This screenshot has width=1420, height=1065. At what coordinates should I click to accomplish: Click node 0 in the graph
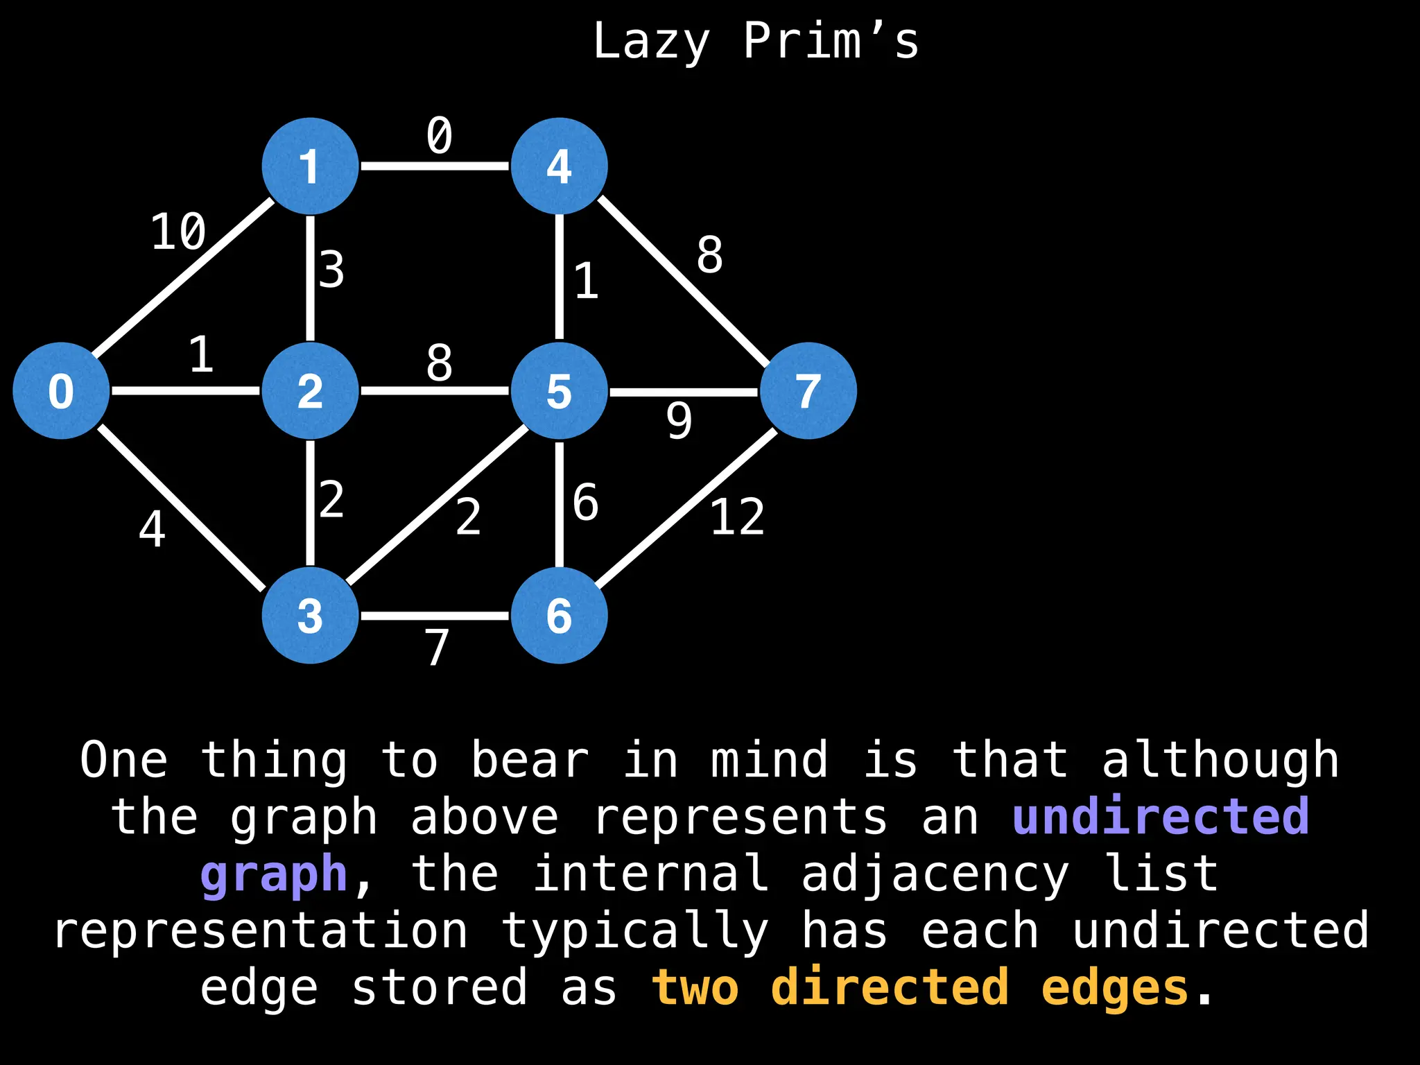(x=61, y=390)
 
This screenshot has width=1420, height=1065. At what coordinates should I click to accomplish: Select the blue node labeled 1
(x=310, y=166)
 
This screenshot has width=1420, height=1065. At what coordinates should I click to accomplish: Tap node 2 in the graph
(x=310, y=390)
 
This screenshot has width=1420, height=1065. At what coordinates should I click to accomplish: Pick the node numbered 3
(x=310, y=615)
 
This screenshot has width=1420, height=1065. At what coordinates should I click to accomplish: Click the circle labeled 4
(x=559, y=166)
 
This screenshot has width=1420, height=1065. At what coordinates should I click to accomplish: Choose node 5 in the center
(x=559, y=390)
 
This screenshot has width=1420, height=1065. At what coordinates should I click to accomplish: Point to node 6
(x=559, y=615)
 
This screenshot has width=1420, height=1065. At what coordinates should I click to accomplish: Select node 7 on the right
(x=808, y=390)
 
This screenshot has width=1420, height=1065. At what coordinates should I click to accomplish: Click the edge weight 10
(x=178, y=232)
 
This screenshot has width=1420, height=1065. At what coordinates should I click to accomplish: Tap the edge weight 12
(x=737, y=517)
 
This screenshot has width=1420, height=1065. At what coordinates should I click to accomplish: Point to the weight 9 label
(x=679, y=421)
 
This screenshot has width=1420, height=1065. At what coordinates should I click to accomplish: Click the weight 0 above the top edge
(x=439, y=135)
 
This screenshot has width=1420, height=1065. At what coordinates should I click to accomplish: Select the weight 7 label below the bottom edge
(x=437, y=648)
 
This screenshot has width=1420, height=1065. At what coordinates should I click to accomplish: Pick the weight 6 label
(x=586, y=503)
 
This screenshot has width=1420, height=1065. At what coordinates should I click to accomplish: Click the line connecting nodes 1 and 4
(x=435, y=166)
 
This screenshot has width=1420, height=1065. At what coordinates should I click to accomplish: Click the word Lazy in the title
(x=651, y=42)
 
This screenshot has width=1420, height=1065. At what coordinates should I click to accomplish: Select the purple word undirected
(x=1161, y=817)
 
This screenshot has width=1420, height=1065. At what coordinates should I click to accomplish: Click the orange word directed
(x=890, y=987)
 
